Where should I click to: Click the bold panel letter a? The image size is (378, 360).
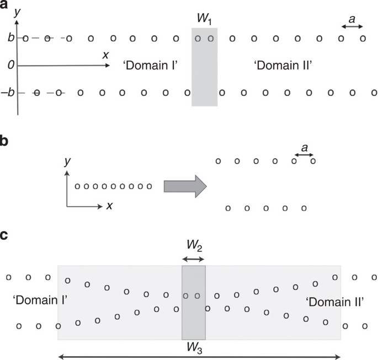pyautogui.click(x=5, y=6)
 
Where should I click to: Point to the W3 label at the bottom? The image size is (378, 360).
pyautogui.click(x=193, y=347)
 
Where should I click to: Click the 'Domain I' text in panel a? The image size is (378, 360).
pyautogui.click(x=150, y=65)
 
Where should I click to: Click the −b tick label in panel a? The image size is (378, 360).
pyautogui.click(x=8, y=93)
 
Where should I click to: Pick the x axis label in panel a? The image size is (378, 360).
pyautogui.click(x=105, y=55)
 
